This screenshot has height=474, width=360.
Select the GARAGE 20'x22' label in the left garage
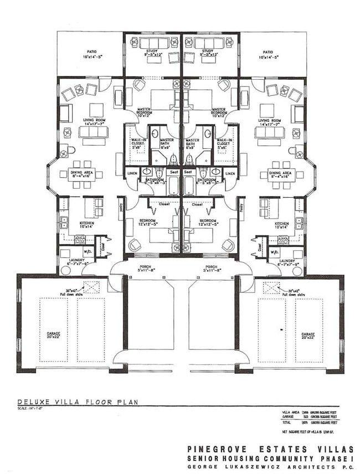click(x=53, y=336)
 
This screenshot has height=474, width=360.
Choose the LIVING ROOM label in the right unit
click(x=270, y=122)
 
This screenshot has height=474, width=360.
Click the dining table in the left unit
click(x=81, y=174)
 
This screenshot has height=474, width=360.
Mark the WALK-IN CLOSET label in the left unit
click(x=135, y=144)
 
